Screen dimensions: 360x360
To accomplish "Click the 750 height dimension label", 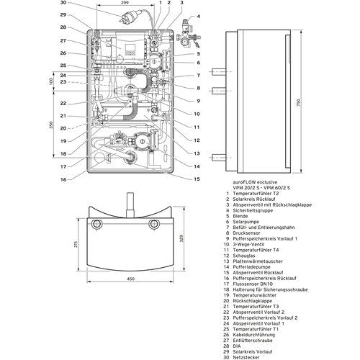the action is pos(298,103).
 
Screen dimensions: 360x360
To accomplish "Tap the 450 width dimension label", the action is pos(130,279).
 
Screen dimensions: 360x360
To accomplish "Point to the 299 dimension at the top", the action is pos(125,3).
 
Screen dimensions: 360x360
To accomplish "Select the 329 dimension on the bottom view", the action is pos(181,238).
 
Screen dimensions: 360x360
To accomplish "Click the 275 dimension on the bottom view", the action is pos(76,244).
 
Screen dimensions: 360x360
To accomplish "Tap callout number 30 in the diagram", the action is pos(63,3).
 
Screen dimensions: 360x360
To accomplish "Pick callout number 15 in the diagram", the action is pos(197,179).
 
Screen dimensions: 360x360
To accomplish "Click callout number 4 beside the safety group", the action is pos(199,17).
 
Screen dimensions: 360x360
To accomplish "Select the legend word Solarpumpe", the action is pos(246,222).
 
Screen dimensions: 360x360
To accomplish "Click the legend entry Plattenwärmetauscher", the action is pos(258,261).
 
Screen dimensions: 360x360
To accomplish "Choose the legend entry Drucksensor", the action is pos(246,233).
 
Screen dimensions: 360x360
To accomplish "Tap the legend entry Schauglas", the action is pos(244,256).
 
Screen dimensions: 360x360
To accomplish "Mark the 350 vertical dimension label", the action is pos(51,125).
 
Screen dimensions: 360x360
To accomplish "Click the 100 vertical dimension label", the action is pos(51,81).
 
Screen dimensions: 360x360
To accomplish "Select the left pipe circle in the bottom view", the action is pos(96,224).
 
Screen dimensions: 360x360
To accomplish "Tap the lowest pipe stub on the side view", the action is pos(219,158).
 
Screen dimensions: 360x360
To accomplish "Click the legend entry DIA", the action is pos(237,346).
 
